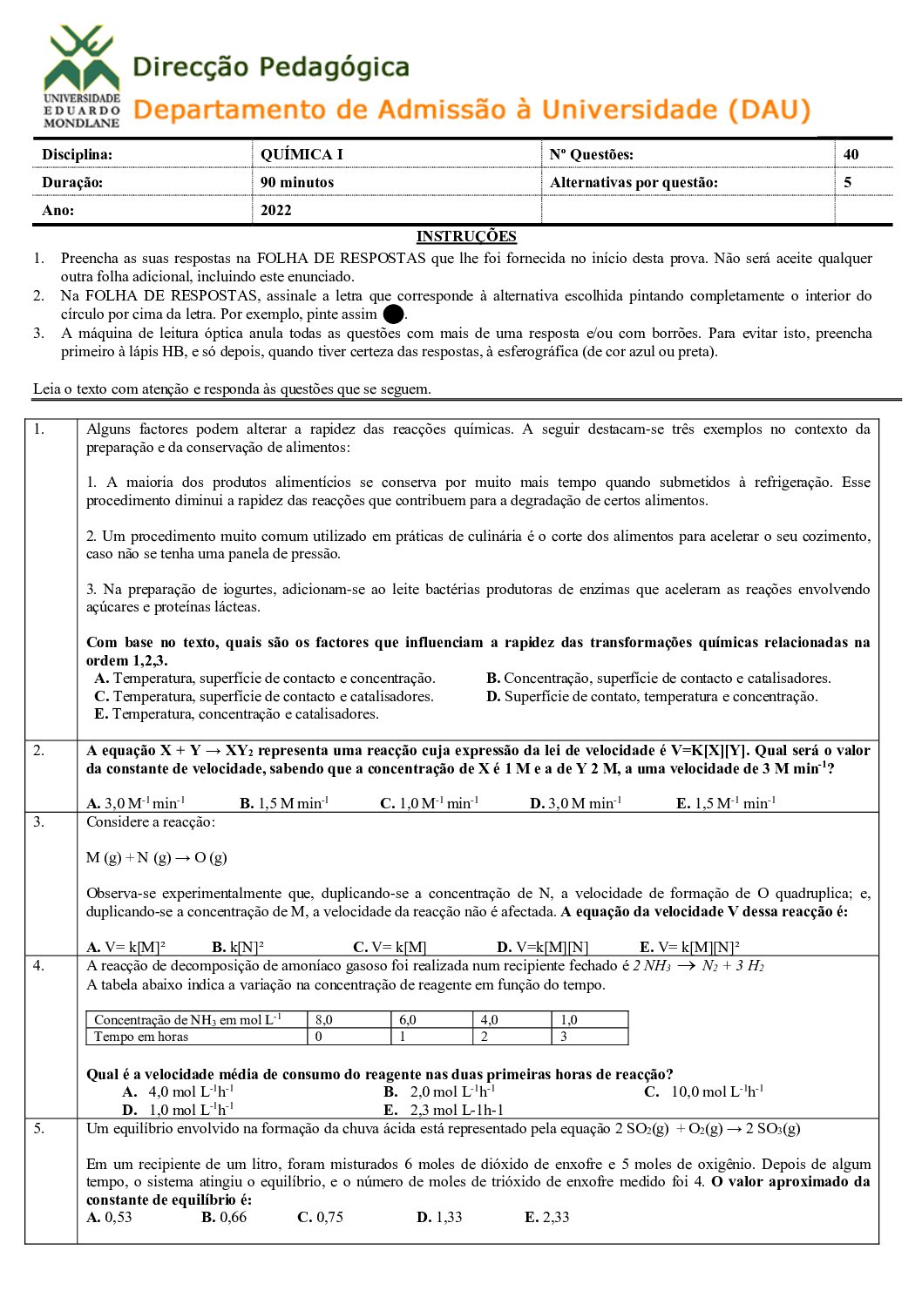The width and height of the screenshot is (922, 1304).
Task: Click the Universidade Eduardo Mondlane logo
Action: pos(82,77)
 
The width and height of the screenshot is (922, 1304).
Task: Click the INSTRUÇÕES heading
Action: pos(466,236)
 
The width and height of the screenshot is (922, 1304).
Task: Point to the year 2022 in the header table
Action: pos(276,210)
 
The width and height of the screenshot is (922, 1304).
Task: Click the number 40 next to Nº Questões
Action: pos(851,154)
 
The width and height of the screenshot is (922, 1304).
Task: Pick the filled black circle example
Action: pos(394,314)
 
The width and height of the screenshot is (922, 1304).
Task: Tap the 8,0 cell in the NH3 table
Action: pos(324,1020)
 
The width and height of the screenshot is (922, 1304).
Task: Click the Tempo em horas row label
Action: pos(141,1037)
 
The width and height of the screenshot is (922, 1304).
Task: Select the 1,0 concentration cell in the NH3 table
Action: pos(569,1020)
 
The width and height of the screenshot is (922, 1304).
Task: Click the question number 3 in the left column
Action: pos(39,821)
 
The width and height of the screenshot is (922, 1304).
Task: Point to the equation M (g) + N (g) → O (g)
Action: pos(157,857)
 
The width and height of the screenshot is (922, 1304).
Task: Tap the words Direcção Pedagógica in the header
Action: pos(271,67)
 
